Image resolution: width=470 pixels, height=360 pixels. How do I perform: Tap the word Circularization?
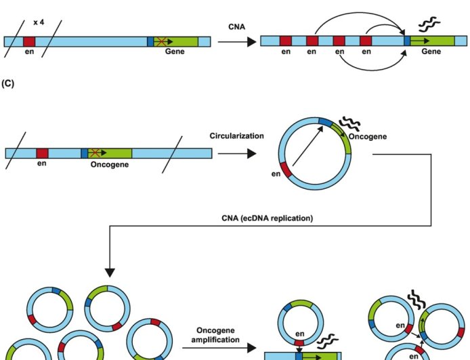click(x=236, y=136)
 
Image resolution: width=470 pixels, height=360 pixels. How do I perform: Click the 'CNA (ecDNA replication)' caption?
click(x=268, y=218)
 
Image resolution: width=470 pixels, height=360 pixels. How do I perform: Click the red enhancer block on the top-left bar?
click(x=29, y=41)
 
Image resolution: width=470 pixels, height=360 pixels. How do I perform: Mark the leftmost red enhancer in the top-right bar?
click(x=286, y=41)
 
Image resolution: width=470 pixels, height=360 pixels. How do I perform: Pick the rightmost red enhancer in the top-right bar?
click(x=366, y=41)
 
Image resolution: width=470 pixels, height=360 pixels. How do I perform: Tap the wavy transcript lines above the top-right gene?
click(x=428, y=25)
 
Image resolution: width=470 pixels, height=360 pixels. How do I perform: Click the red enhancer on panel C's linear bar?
click(x=42, y=154)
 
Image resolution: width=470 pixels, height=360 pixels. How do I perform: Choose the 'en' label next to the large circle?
click(x=276, y=175)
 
